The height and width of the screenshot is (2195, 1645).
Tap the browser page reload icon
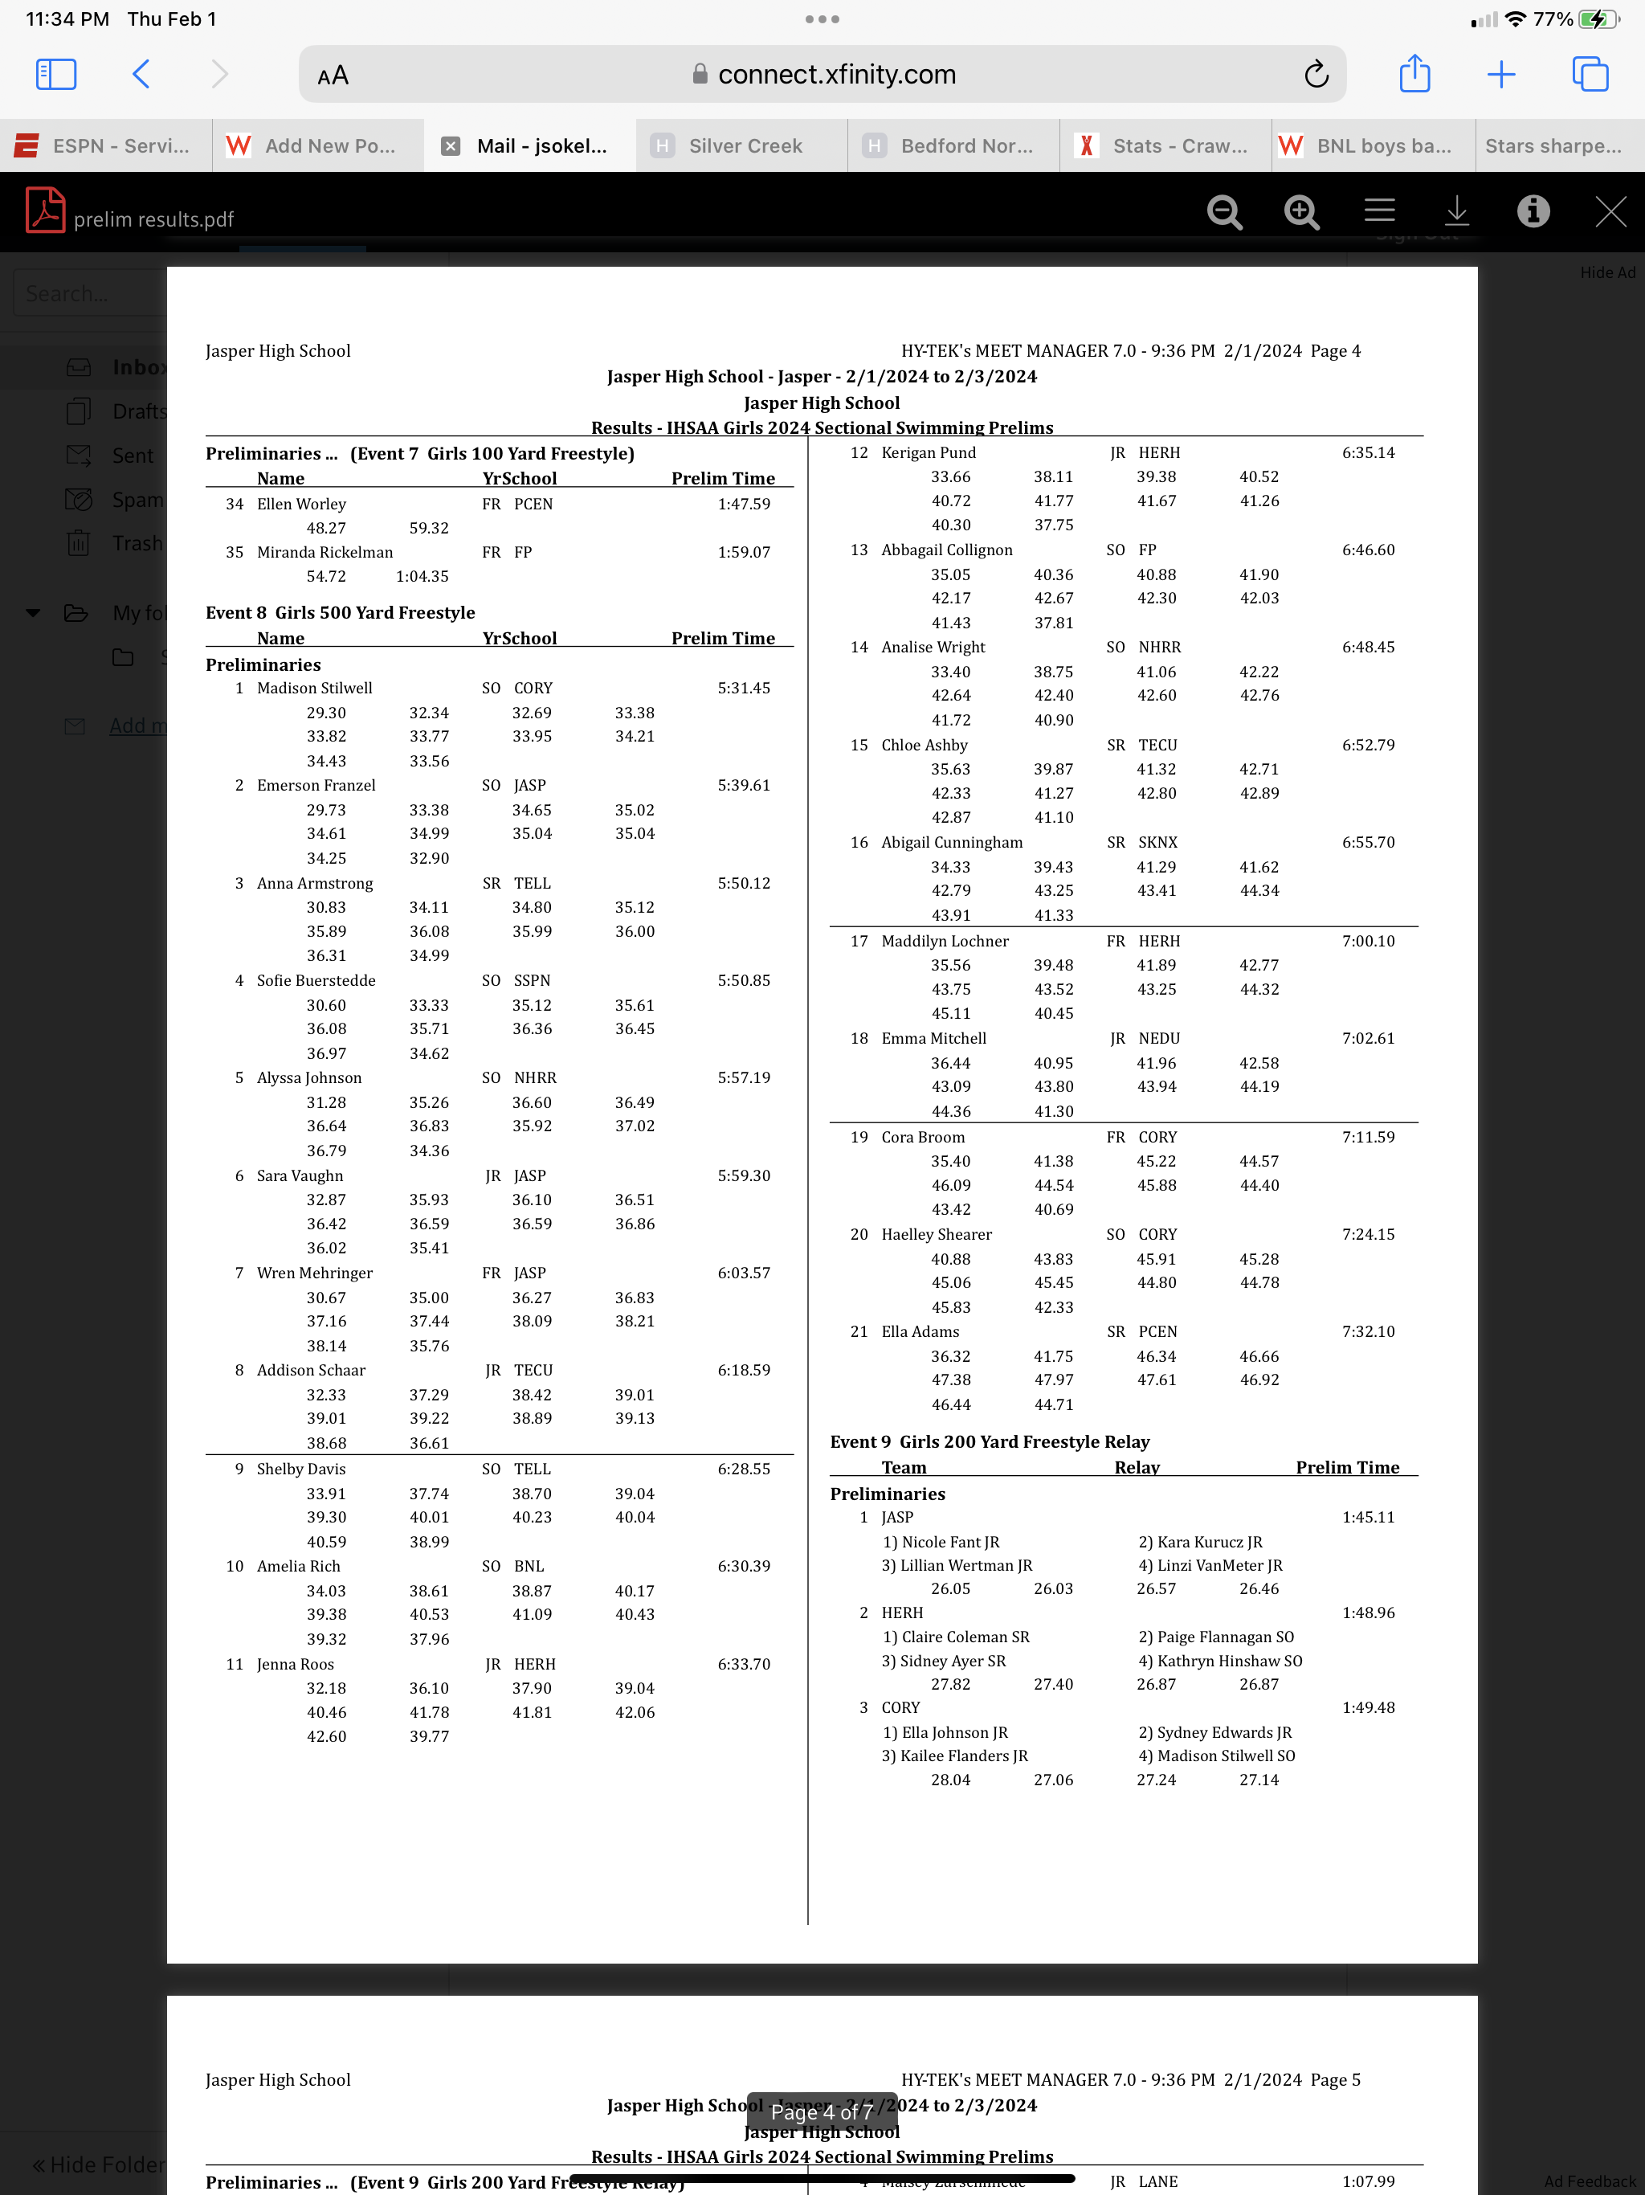tap(1316, 75)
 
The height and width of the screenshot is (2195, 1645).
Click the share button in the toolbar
tap(1414, 75)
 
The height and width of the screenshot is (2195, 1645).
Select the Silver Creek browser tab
tap(744, 146)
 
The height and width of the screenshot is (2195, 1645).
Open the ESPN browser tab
tap(105, 146)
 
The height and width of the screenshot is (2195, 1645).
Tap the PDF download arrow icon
tap(1456, 211)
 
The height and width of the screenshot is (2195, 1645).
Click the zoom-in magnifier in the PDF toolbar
tap(1300, 211)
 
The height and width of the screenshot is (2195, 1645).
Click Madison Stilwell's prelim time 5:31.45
tap(743, 688)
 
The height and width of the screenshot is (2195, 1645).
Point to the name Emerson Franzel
tap(316, 785)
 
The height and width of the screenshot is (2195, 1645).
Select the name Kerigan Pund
tap(929, 452)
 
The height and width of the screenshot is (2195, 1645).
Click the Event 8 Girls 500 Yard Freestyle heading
tap(341, 612)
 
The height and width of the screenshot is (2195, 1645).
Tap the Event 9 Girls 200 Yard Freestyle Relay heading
tap(990, 1442)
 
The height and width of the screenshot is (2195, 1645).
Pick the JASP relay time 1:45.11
tap(1367, 1517)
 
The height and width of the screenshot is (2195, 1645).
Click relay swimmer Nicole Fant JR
tap(941, 1542)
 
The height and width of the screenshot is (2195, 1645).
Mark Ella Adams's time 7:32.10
tap(1367, 1331)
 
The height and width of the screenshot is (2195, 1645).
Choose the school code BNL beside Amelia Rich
tap(529, 1566)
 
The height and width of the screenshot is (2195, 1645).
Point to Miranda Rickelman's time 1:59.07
tap(743, 552)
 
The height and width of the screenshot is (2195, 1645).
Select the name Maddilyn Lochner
tap(945, 941)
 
